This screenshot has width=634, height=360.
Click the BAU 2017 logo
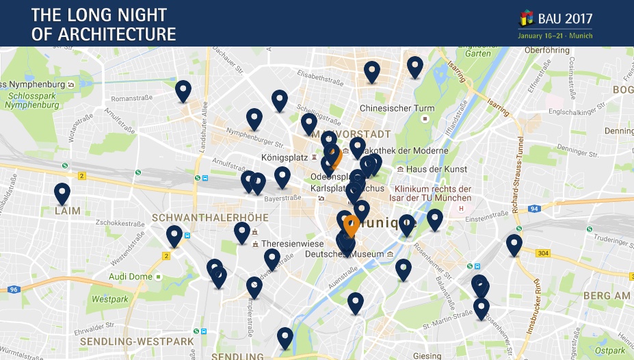pos(555,20)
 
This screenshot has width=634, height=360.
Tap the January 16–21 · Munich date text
pos(555,36)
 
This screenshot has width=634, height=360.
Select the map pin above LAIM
pos(62,193)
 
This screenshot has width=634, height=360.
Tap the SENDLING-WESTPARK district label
pos(137,341)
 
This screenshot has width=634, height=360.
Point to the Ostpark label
pos(610,350)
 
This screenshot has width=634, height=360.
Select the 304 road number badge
pos(543,253)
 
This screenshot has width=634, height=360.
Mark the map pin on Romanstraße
pos(183,90)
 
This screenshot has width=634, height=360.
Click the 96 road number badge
pos(14,290)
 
